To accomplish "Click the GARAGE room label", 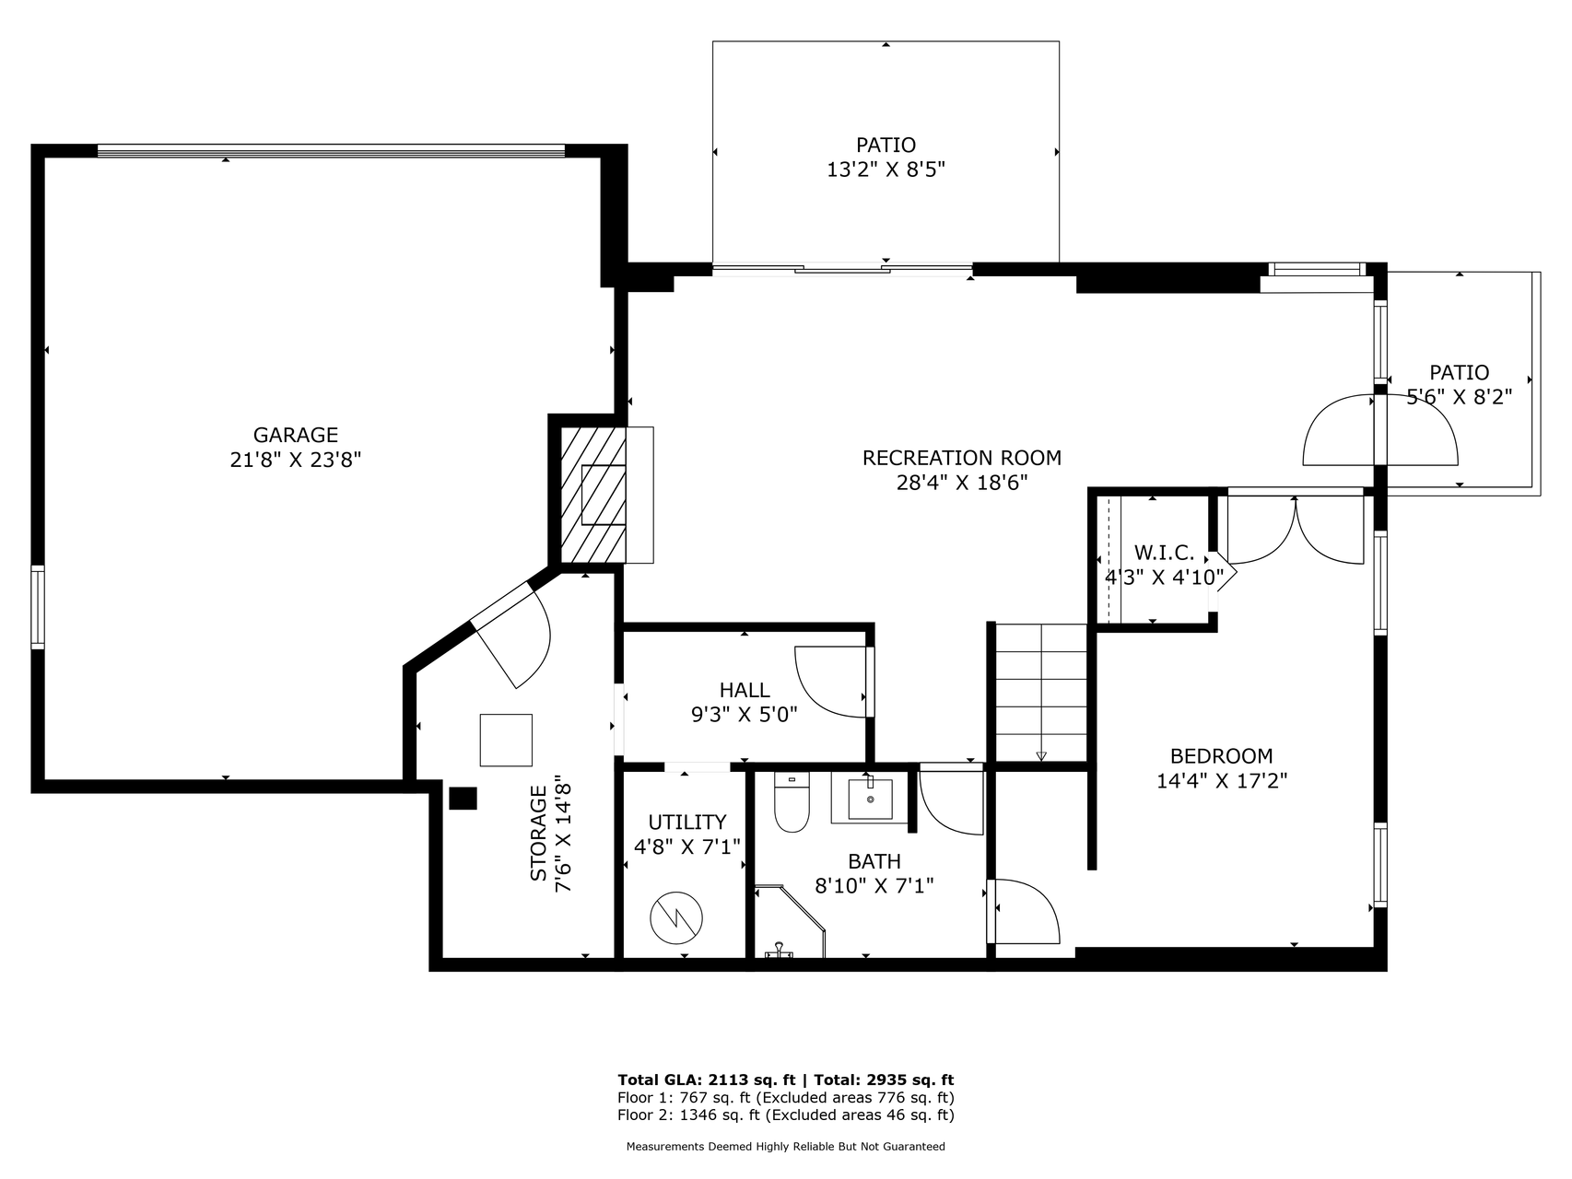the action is coord(296,435).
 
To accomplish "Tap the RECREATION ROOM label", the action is coord(962,458).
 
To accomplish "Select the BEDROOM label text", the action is coord(1222,756).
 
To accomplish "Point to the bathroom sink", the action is coord(870,798).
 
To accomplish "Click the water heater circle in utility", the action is coord(676,917).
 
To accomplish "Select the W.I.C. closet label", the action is coord(1164,553).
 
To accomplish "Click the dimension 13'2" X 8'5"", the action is coord(886,169).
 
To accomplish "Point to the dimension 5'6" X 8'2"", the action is coord(1460,397).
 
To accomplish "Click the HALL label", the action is coord(745,690).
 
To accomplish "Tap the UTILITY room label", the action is coord(687,822).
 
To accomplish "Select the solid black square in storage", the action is coord(463,798).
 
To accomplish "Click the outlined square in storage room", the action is coord(506,740).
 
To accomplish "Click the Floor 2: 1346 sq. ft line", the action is coord(786,1115).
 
